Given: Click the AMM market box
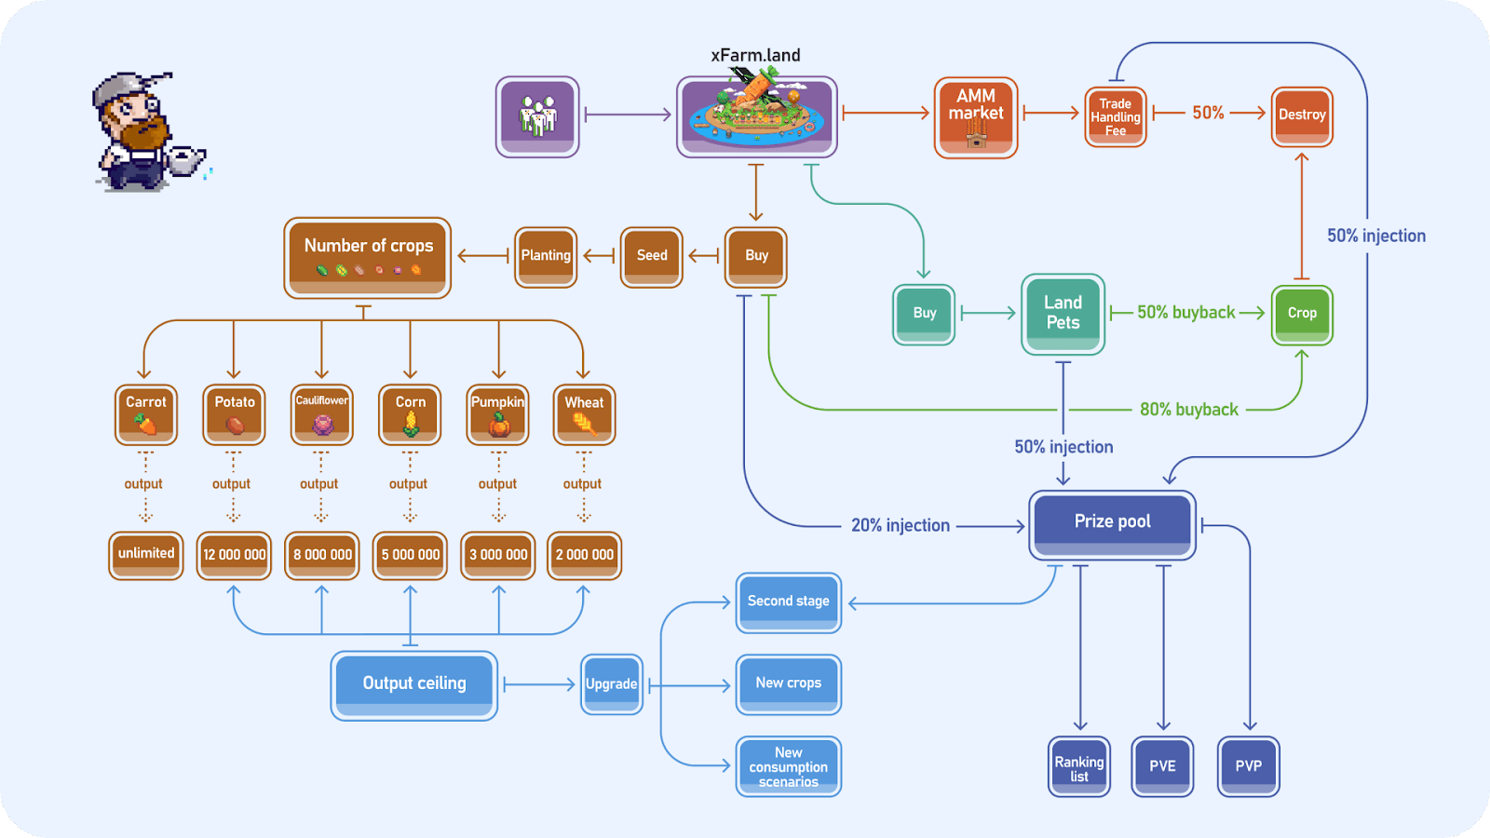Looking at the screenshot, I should (x=975, y=117).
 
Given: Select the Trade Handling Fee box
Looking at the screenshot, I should (x=1115, y=117).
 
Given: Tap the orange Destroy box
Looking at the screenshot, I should (x=1302, y=115).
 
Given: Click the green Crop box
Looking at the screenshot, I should (x=1302, y=314).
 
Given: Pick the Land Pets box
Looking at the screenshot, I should (x=1063, y=314).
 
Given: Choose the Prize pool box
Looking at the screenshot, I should (x=1112, y=523).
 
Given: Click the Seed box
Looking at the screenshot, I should (x=652, y=256).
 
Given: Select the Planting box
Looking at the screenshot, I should (x=546, y=256).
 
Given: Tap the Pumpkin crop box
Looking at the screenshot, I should (x=498, y=414).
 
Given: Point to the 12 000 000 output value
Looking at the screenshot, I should (x=234, y=555).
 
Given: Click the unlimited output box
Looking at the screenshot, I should (x=146, y=555).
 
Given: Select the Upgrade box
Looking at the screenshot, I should (x=612, y=684).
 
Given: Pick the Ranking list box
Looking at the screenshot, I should (x=1078, y=767).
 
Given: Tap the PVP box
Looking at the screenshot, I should (x=1248, y=767).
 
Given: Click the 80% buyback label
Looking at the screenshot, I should (x=1189, y=410).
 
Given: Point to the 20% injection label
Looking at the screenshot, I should (x=900, y=526).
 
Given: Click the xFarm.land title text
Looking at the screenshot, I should (x=755, y=56).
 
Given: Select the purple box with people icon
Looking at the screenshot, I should (x=537, y=116).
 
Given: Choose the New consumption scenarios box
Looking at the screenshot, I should (x=788, y=767).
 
